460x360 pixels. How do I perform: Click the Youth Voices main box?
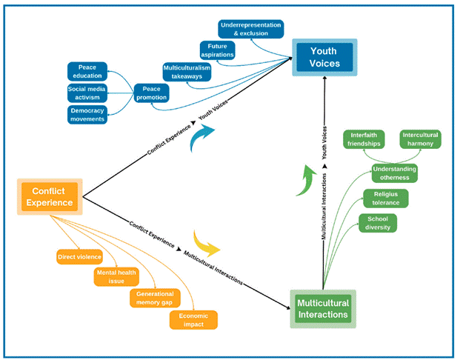[324, 57]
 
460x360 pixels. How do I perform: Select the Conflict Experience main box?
[50, 196]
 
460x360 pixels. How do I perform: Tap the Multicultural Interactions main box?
[323, 309]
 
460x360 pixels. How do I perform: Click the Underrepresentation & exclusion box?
[251, 29]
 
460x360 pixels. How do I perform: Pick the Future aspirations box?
[217, 50]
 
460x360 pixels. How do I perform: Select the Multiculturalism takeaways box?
[187, 72]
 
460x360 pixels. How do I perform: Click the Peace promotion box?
[151, 93]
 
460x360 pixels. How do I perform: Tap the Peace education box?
[87, 71]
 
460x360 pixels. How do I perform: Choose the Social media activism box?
[87, 93]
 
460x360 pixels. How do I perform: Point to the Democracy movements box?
[87, 115]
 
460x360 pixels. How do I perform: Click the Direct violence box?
[79, 257]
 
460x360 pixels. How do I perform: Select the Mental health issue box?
[116, 276]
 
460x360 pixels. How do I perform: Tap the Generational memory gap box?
[155, 298]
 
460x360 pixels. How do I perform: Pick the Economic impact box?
[193, 320]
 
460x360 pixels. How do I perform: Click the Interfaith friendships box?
[364, 139]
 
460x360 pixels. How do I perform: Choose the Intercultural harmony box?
[420, 139]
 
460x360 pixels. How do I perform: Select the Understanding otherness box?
[395, 173]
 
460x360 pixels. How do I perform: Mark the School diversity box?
[378, 223]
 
